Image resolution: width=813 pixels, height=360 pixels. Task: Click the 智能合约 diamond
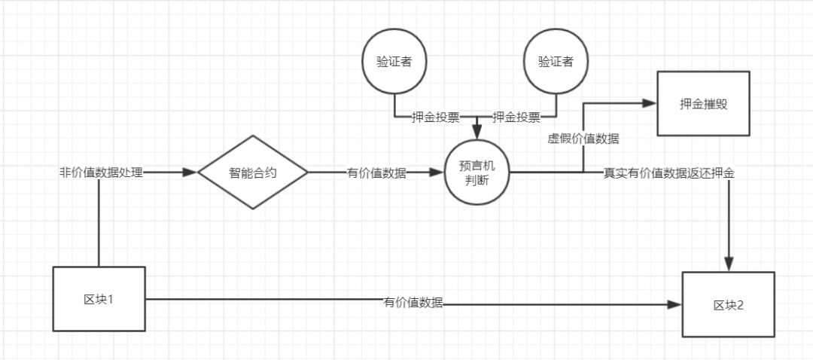click(x=253, y=172)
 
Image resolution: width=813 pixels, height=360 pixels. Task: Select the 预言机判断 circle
click(x=476, y=172)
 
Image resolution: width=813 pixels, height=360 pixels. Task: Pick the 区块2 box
click(x=728, y=304)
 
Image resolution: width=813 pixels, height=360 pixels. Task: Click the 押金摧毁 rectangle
click(x=703, y=103)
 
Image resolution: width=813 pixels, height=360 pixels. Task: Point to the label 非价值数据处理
click(x=101, y=172)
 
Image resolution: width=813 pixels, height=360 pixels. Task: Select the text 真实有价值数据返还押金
click(x=669, y=172)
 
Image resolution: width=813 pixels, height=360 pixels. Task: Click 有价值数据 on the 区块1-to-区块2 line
click(x=413, y=303)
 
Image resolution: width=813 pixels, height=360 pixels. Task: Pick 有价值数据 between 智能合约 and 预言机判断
click(x=376, y=172)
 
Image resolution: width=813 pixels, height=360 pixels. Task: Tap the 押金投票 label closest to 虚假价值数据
click(x=516, y=117)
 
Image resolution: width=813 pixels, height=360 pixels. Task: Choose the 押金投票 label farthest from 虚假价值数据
click(x=435, y=117)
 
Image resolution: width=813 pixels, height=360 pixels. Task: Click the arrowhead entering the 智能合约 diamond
click(x=190, y=172)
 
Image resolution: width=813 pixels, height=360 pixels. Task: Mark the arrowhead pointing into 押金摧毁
click(x=650, y=102)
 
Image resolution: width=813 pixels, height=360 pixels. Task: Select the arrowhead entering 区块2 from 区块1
click(x=674, y=304)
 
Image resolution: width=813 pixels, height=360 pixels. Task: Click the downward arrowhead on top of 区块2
click(x=729, y=264)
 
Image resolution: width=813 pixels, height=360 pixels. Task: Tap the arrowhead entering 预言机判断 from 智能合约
click(x=437, y=172)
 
